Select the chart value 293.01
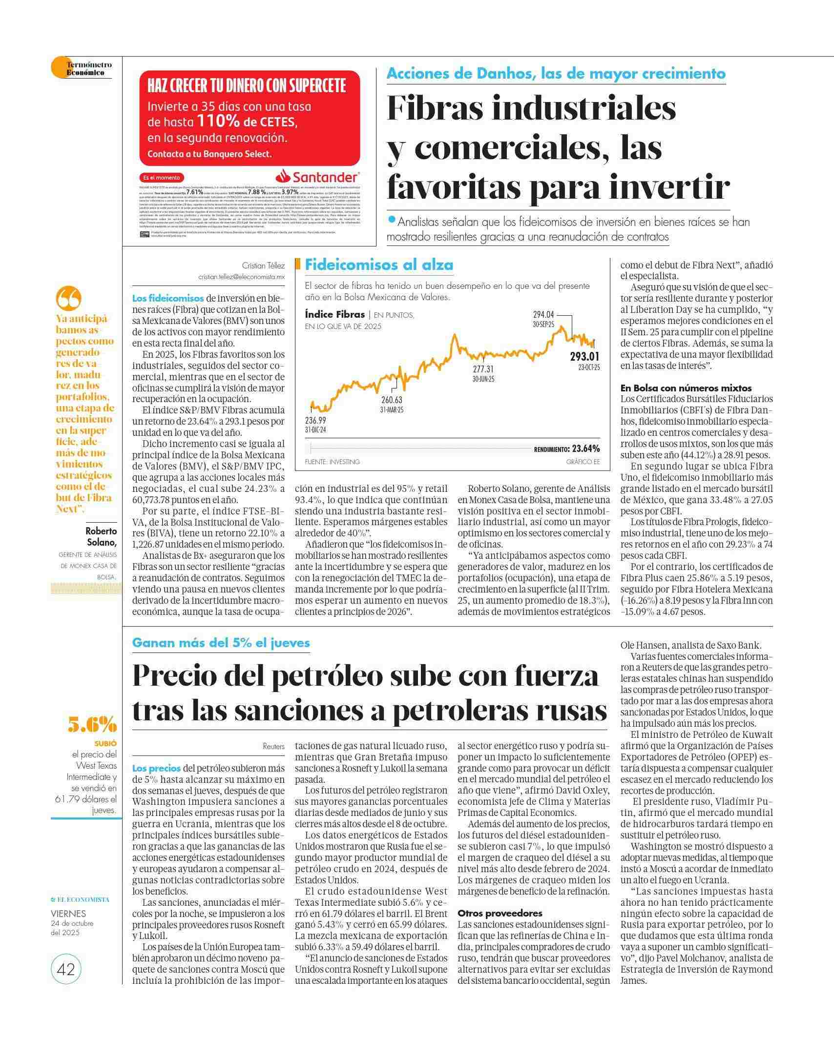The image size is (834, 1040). tap(584, 357)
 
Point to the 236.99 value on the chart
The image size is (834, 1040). tap(315, 421)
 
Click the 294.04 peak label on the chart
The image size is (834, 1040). tap(543, 315)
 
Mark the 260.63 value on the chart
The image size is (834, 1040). tap(392, 400)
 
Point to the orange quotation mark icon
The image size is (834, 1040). tap(68, 298)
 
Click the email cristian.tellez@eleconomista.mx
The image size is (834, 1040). tap(241, 277)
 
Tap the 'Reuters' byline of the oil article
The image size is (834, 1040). tap(273, 746)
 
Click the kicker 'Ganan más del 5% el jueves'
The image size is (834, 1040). tap(221, 643)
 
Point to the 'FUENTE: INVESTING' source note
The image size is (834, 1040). tap(332, 462)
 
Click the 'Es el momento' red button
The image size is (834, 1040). tap(162, 178)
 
